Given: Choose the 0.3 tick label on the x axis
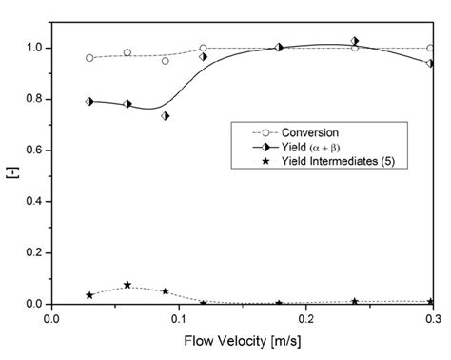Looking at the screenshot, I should pos(430,320).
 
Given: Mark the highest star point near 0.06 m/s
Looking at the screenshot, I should pos(127,285).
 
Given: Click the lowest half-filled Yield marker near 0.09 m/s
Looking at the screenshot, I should pos(166,116).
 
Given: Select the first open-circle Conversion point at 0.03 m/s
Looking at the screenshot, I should pos(89,58).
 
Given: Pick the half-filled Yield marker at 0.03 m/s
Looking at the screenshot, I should pos(89,101).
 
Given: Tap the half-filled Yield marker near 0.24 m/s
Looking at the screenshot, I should pos(355,42).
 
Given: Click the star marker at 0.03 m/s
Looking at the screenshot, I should pos(89,295).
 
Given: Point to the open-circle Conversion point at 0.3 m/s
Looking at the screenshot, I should pos(430,48).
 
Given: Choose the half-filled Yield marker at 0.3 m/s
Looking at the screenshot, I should pos(430,64).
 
